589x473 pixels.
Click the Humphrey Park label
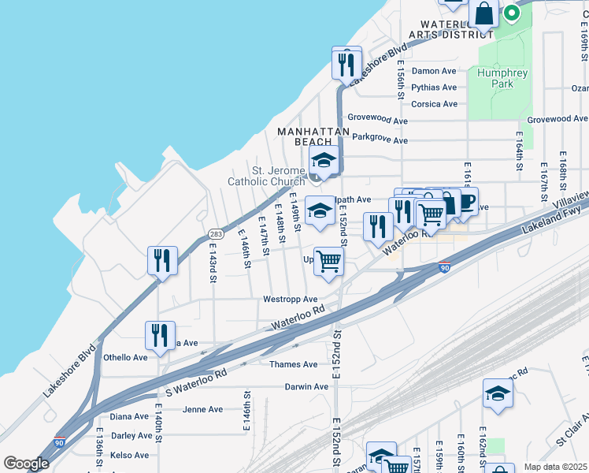pos(502,79)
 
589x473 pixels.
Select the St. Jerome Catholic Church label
pos(266,176)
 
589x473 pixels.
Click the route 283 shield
pos(215,234)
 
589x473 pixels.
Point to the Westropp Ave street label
pos(290,300)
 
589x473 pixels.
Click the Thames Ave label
pos(293,365)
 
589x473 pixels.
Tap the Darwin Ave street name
pos(299,387)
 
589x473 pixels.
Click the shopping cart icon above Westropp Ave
pos(328,261)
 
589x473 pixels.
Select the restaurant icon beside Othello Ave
pos(160,334)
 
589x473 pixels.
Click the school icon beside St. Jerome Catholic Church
pos(323,160)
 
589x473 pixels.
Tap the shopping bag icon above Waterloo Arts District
pos(483,13)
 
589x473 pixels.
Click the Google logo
pos(26,464)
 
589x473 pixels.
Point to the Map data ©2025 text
pos(554,467)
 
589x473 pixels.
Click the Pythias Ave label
pos(434,88)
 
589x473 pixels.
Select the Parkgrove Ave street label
pos(380,140)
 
